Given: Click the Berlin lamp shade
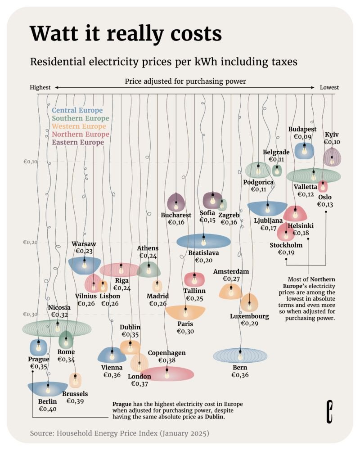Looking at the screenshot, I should [x=48, y=387].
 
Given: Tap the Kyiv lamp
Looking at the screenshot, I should [x=332, y=157].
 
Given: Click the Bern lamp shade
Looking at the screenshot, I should [x=240, y=355].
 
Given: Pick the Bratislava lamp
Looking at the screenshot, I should [x=203, y=241].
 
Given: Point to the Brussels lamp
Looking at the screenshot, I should [x=75, y=381].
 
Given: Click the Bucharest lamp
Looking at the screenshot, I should [x=176, y=202].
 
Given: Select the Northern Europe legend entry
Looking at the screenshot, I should [x=81, y=134].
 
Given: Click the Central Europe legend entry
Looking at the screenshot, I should [x=77, y=110].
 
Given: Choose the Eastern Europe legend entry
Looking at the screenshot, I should [x=78, y=142].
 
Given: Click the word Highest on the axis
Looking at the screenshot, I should [x=40, y=87].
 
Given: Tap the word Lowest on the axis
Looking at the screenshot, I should [x=329, y=87].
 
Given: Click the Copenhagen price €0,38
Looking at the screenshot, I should [x=166, y=360].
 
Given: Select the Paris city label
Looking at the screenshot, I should [x=185, y=324].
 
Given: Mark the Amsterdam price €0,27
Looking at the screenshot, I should [x=231, y=279].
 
